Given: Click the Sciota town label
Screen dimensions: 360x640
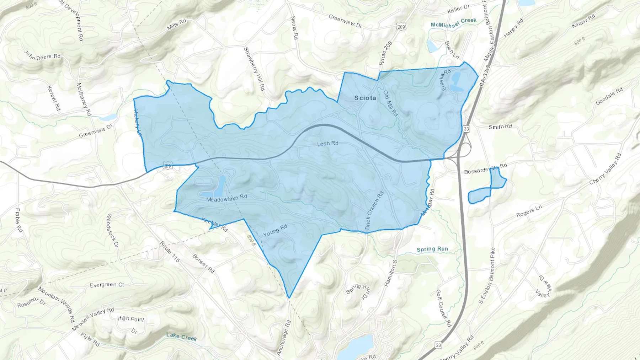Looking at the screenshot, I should (x=365, y=98).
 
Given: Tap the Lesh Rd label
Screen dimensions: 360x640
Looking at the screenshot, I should (x=327, y=144).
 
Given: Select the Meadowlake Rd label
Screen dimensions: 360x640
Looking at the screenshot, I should (x=226, y=198).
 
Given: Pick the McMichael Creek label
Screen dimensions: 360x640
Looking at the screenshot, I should (x=453, y=22).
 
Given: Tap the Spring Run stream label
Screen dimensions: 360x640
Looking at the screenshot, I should (x=432, y=249).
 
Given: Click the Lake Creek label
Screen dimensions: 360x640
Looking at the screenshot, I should (x=181, y=337).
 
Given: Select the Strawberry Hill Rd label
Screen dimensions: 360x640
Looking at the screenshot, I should (x=254, y=69).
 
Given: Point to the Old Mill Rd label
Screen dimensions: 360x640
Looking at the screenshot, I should (x=390, y=103).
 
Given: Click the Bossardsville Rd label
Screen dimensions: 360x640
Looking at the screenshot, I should (x=485, y=169).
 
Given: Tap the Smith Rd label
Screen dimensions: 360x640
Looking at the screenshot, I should (x=500, y=127).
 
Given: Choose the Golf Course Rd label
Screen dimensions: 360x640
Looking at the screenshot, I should (x=443, y=308).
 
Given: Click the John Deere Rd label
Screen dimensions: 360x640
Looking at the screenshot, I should (x=42, y=55).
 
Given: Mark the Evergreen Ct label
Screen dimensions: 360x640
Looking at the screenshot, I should (x=107, y=285).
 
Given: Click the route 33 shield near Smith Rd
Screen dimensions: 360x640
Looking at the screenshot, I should (x=466, y=129).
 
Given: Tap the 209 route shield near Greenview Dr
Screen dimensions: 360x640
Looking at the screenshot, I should (x=401, y=27).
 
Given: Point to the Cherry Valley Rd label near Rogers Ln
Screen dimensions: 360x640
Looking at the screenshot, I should (x=605, y=169).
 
